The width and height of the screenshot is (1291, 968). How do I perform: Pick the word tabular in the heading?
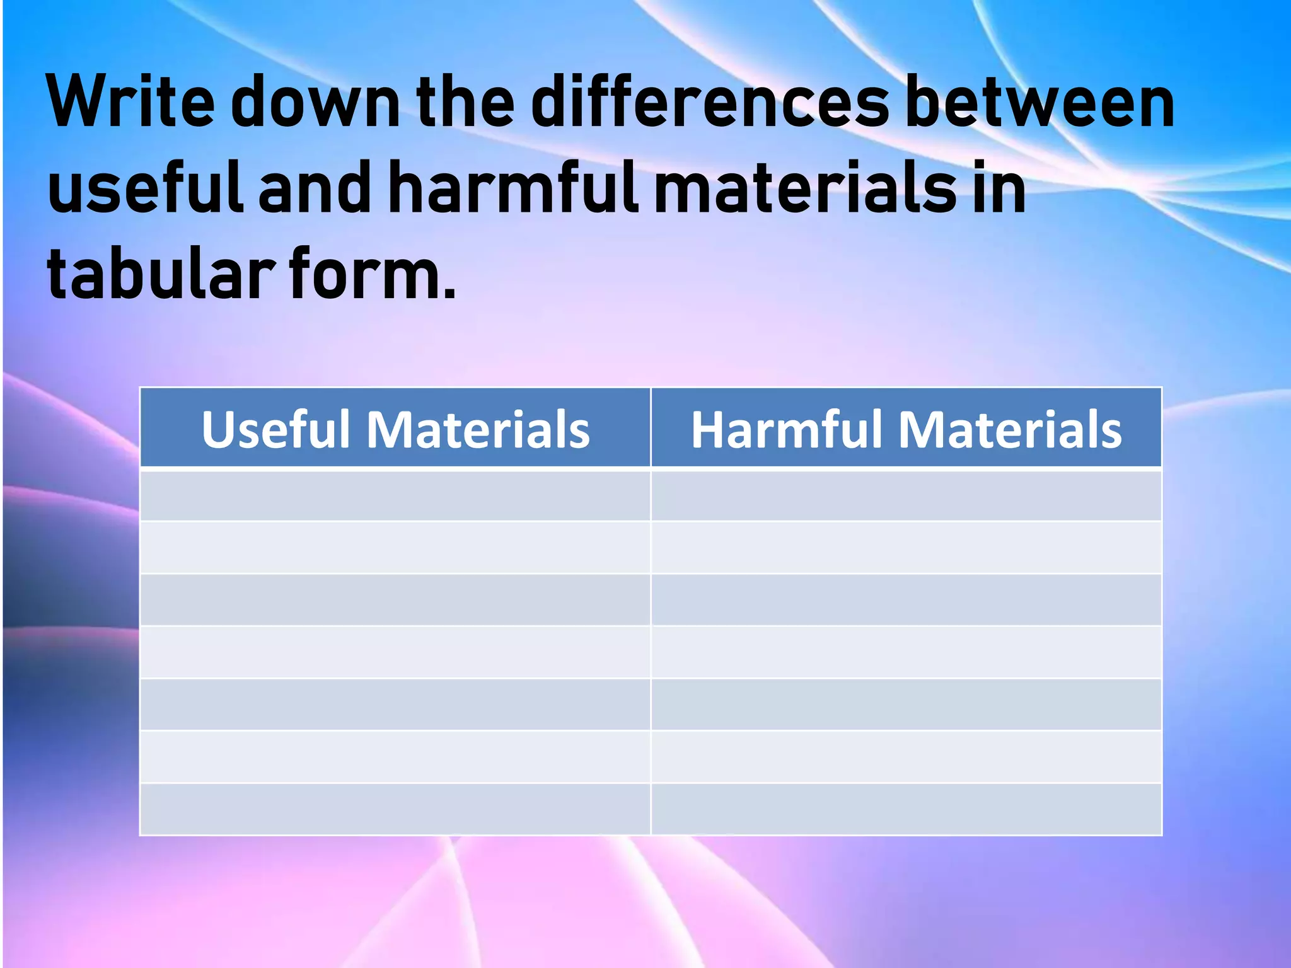(x=161, y=275)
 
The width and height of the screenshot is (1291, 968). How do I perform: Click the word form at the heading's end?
(x=372, y=275)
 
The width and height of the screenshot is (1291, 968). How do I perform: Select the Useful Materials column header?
(x=395, y=429)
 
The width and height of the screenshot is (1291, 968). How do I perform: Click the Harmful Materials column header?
(x=906, y=429)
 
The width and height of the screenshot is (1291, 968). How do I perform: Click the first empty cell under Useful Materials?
(x=395, y=495)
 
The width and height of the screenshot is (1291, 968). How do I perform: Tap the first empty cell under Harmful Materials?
(x=906, y=495)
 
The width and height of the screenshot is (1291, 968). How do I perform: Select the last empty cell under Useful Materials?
(x=395, y=809)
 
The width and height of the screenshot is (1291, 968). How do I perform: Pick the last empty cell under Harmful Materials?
(x=906, y=809)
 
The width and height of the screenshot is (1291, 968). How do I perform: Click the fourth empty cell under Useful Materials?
(x=395, y=652)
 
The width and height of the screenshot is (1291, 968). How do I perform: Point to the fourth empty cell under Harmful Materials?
(x=906, y=652)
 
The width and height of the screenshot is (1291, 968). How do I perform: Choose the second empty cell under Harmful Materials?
(x=906, y=547)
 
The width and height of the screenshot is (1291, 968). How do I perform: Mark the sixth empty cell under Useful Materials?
(x=395, y=756)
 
